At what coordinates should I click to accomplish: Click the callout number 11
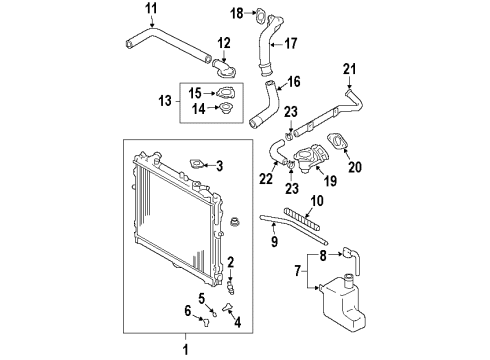click(x=151, y=9)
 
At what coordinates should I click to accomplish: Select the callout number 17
click(x=291, y=44)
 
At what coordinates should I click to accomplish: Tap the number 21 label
click(x=349, y=69)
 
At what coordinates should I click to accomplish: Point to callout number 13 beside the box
click(x=165, y=101)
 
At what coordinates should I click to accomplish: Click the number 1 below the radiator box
click(x=186, y=350)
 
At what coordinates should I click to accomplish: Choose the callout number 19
click(x=330, y=181)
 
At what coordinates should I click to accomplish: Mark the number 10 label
click(x=317, y=201)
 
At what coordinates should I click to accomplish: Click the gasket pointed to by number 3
click(x=196, y=165)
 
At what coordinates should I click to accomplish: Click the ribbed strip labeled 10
click(x=302, y=219)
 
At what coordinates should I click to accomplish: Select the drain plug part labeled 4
click(x=228, y=308)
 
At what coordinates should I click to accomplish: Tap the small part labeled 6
click(x=205, y=322)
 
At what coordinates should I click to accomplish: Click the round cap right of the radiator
click(x=235, y=222)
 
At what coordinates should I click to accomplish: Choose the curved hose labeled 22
click(x=275, y=151)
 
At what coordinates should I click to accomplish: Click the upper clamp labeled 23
click(x=289, y=135)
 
